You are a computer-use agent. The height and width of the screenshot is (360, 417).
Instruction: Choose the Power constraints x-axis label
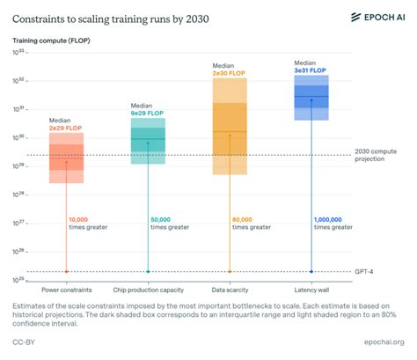click(x=67, y=289)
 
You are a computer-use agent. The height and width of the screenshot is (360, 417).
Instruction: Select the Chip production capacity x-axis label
click(x=148, y=289)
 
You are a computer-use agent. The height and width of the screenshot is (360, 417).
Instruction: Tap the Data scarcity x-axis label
click(x=230, y=289)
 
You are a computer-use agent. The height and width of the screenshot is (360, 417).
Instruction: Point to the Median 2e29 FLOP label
click(x=65, y=124)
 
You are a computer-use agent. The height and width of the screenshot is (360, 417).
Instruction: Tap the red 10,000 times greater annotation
click(x=86, y=223)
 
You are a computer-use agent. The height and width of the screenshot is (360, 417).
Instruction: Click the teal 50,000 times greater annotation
click(x=169, y=223)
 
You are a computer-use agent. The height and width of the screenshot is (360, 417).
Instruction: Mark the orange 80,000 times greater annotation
click(x=251, y=223)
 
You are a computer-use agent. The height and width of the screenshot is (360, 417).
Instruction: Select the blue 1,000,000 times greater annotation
click(x=334, y=223)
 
